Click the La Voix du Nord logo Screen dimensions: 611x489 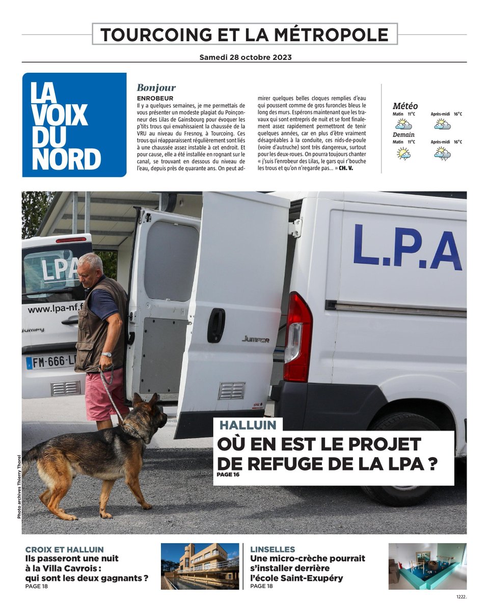(74, 125)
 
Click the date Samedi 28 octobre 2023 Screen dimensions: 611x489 (245, 57)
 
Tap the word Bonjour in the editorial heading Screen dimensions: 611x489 (156, 88)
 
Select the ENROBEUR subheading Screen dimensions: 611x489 (155, 98)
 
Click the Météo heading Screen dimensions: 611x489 (405, 106)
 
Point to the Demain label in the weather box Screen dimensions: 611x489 (403, 134)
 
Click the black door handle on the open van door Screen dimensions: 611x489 (216, 325)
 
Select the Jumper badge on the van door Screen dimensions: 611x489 (256, 339)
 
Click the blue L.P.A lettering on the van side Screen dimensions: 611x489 (407, 247)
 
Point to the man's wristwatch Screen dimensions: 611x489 (106, 354)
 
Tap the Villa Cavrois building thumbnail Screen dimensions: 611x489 (200, 566)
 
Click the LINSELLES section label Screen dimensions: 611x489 (273, 549)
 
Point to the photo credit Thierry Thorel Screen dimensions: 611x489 (19, 486)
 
